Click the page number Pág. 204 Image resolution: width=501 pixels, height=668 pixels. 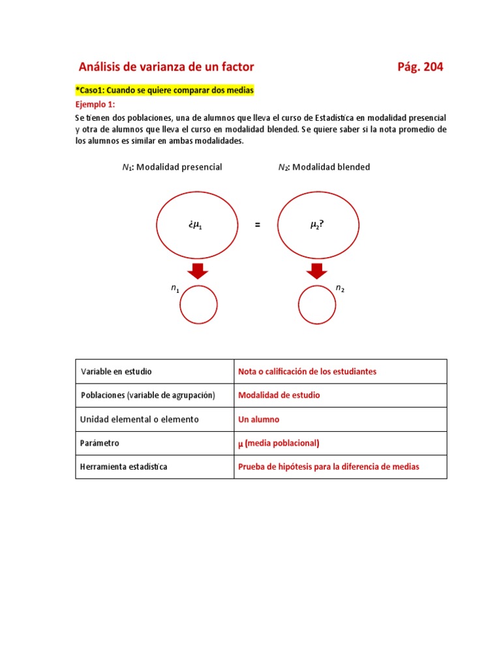point(419,67)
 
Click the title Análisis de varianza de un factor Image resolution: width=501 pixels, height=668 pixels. point(166,67)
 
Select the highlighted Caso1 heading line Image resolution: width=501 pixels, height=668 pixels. point(164,90)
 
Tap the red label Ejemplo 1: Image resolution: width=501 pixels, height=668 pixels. point(95,104)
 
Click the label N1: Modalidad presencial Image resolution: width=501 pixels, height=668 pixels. point(172,167)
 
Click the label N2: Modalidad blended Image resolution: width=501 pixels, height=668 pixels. point(324,167)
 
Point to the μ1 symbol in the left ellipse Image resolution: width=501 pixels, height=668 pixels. point(195,225)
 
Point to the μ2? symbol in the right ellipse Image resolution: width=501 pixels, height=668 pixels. point(317,225)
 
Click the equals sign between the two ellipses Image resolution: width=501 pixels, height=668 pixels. point(257,225)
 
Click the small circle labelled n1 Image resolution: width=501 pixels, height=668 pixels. point(199,305)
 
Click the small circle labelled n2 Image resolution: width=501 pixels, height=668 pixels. point(317,305)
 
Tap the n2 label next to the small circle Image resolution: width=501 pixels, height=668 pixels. point(340,288)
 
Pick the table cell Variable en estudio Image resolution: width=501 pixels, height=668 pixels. point(116,371)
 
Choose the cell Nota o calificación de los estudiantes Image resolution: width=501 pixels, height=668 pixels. point(307,371)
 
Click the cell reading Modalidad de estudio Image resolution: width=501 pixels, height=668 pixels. point(279,395)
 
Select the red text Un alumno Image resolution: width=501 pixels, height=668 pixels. point(258,419)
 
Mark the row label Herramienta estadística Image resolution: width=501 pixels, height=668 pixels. point(124,467)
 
